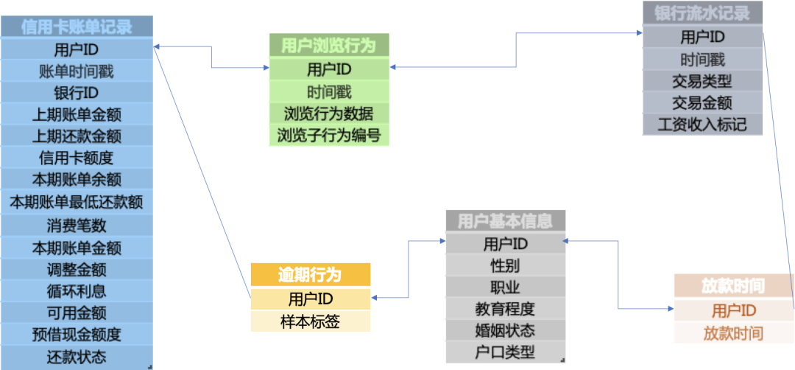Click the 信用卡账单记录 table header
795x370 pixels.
pyautogui.click(x=77, y=27)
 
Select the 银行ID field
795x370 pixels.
pyautogui.click(x=77, y=93)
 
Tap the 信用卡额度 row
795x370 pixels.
pyautogui.click(x=77, y=158)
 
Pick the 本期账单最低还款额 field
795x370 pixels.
pyautogui.click(x=77, y=201)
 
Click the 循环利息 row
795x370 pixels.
pyautogui.click(x=77, y=291)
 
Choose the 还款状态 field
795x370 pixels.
pyautogui.click(x=77, y=357)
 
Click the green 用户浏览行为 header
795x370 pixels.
pyautogui.click(x=328, y=46)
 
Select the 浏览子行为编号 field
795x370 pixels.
pyautogui.click(x=328, y=136)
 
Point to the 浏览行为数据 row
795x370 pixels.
pyautogui.click(x=328, y=114)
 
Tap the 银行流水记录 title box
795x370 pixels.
pyautogui.click(x=702, y=13)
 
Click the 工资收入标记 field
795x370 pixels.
pyautogui.click(x=702, y=124)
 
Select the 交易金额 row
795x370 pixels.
pyautogui.click(x=702, y=102)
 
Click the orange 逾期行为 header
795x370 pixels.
pyautogui.click(x=310, y=275)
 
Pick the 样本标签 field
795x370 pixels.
pyautogui.click(x=310, y=321)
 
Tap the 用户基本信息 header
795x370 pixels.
pyautogui.click(x=505, y=220)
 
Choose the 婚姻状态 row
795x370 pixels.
pyautogui.click(x=505, y=329)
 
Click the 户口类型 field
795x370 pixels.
pyautogui.click(x=505, y=352)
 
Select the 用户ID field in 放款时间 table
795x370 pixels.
pyautogui.click(x=733, y=310)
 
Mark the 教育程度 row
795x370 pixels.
pyautogui.click(x=505, y=308)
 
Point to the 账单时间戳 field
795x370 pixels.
pyautogui.click(x=77, y=71)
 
